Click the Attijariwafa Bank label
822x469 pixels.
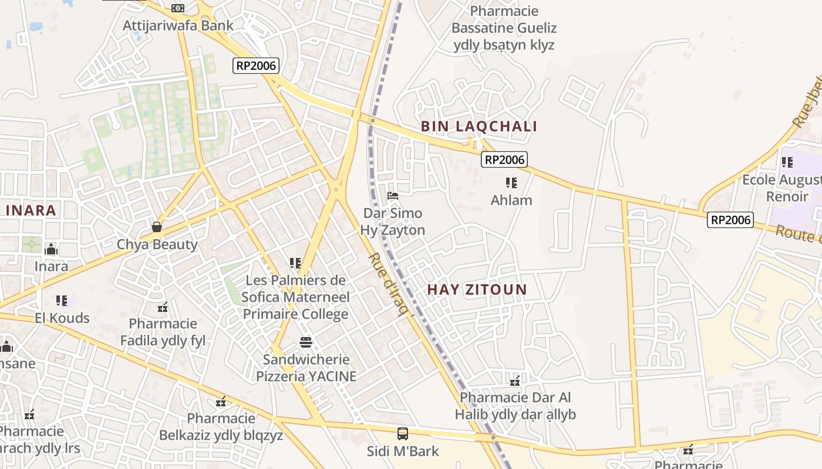pos(178,26)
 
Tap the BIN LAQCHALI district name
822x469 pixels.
pos(479,127)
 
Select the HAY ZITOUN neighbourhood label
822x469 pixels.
pos(477,290)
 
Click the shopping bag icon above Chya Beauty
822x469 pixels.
pos(157,227)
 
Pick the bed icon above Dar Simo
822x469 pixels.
pos(393,195)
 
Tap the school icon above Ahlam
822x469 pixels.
pos(511,183)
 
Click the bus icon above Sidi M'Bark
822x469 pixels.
pos(403,434)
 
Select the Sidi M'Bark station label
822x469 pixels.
pos(403,451)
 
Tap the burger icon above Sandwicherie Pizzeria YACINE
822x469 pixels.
pos(306,342)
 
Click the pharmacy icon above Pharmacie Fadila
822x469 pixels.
pos(163,307)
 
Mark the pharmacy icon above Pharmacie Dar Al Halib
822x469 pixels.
pos(515,381)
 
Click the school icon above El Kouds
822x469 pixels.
pos(62,301)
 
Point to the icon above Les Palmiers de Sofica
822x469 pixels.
pos(295,263)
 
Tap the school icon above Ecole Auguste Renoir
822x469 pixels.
pos(787,162)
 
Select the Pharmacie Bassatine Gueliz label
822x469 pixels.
pos(504,28)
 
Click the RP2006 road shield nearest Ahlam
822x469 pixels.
pos(504,159)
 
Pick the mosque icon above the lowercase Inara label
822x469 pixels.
pos(51,250)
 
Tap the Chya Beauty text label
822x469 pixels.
pos(157,244)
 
